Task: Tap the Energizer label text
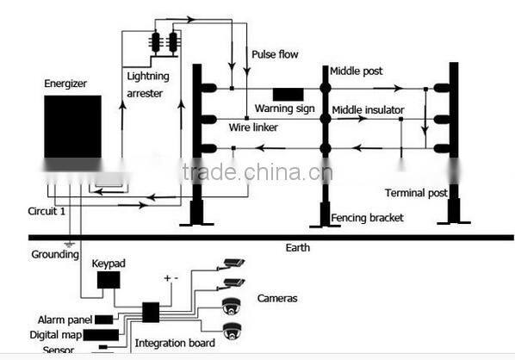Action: point(66,84)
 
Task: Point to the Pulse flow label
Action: point(275,54)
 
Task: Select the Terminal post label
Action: point(416,193)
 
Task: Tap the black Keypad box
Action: point(109,280)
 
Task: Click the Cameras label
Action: point(277,299)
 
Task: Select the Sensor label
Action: point(58,350)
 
